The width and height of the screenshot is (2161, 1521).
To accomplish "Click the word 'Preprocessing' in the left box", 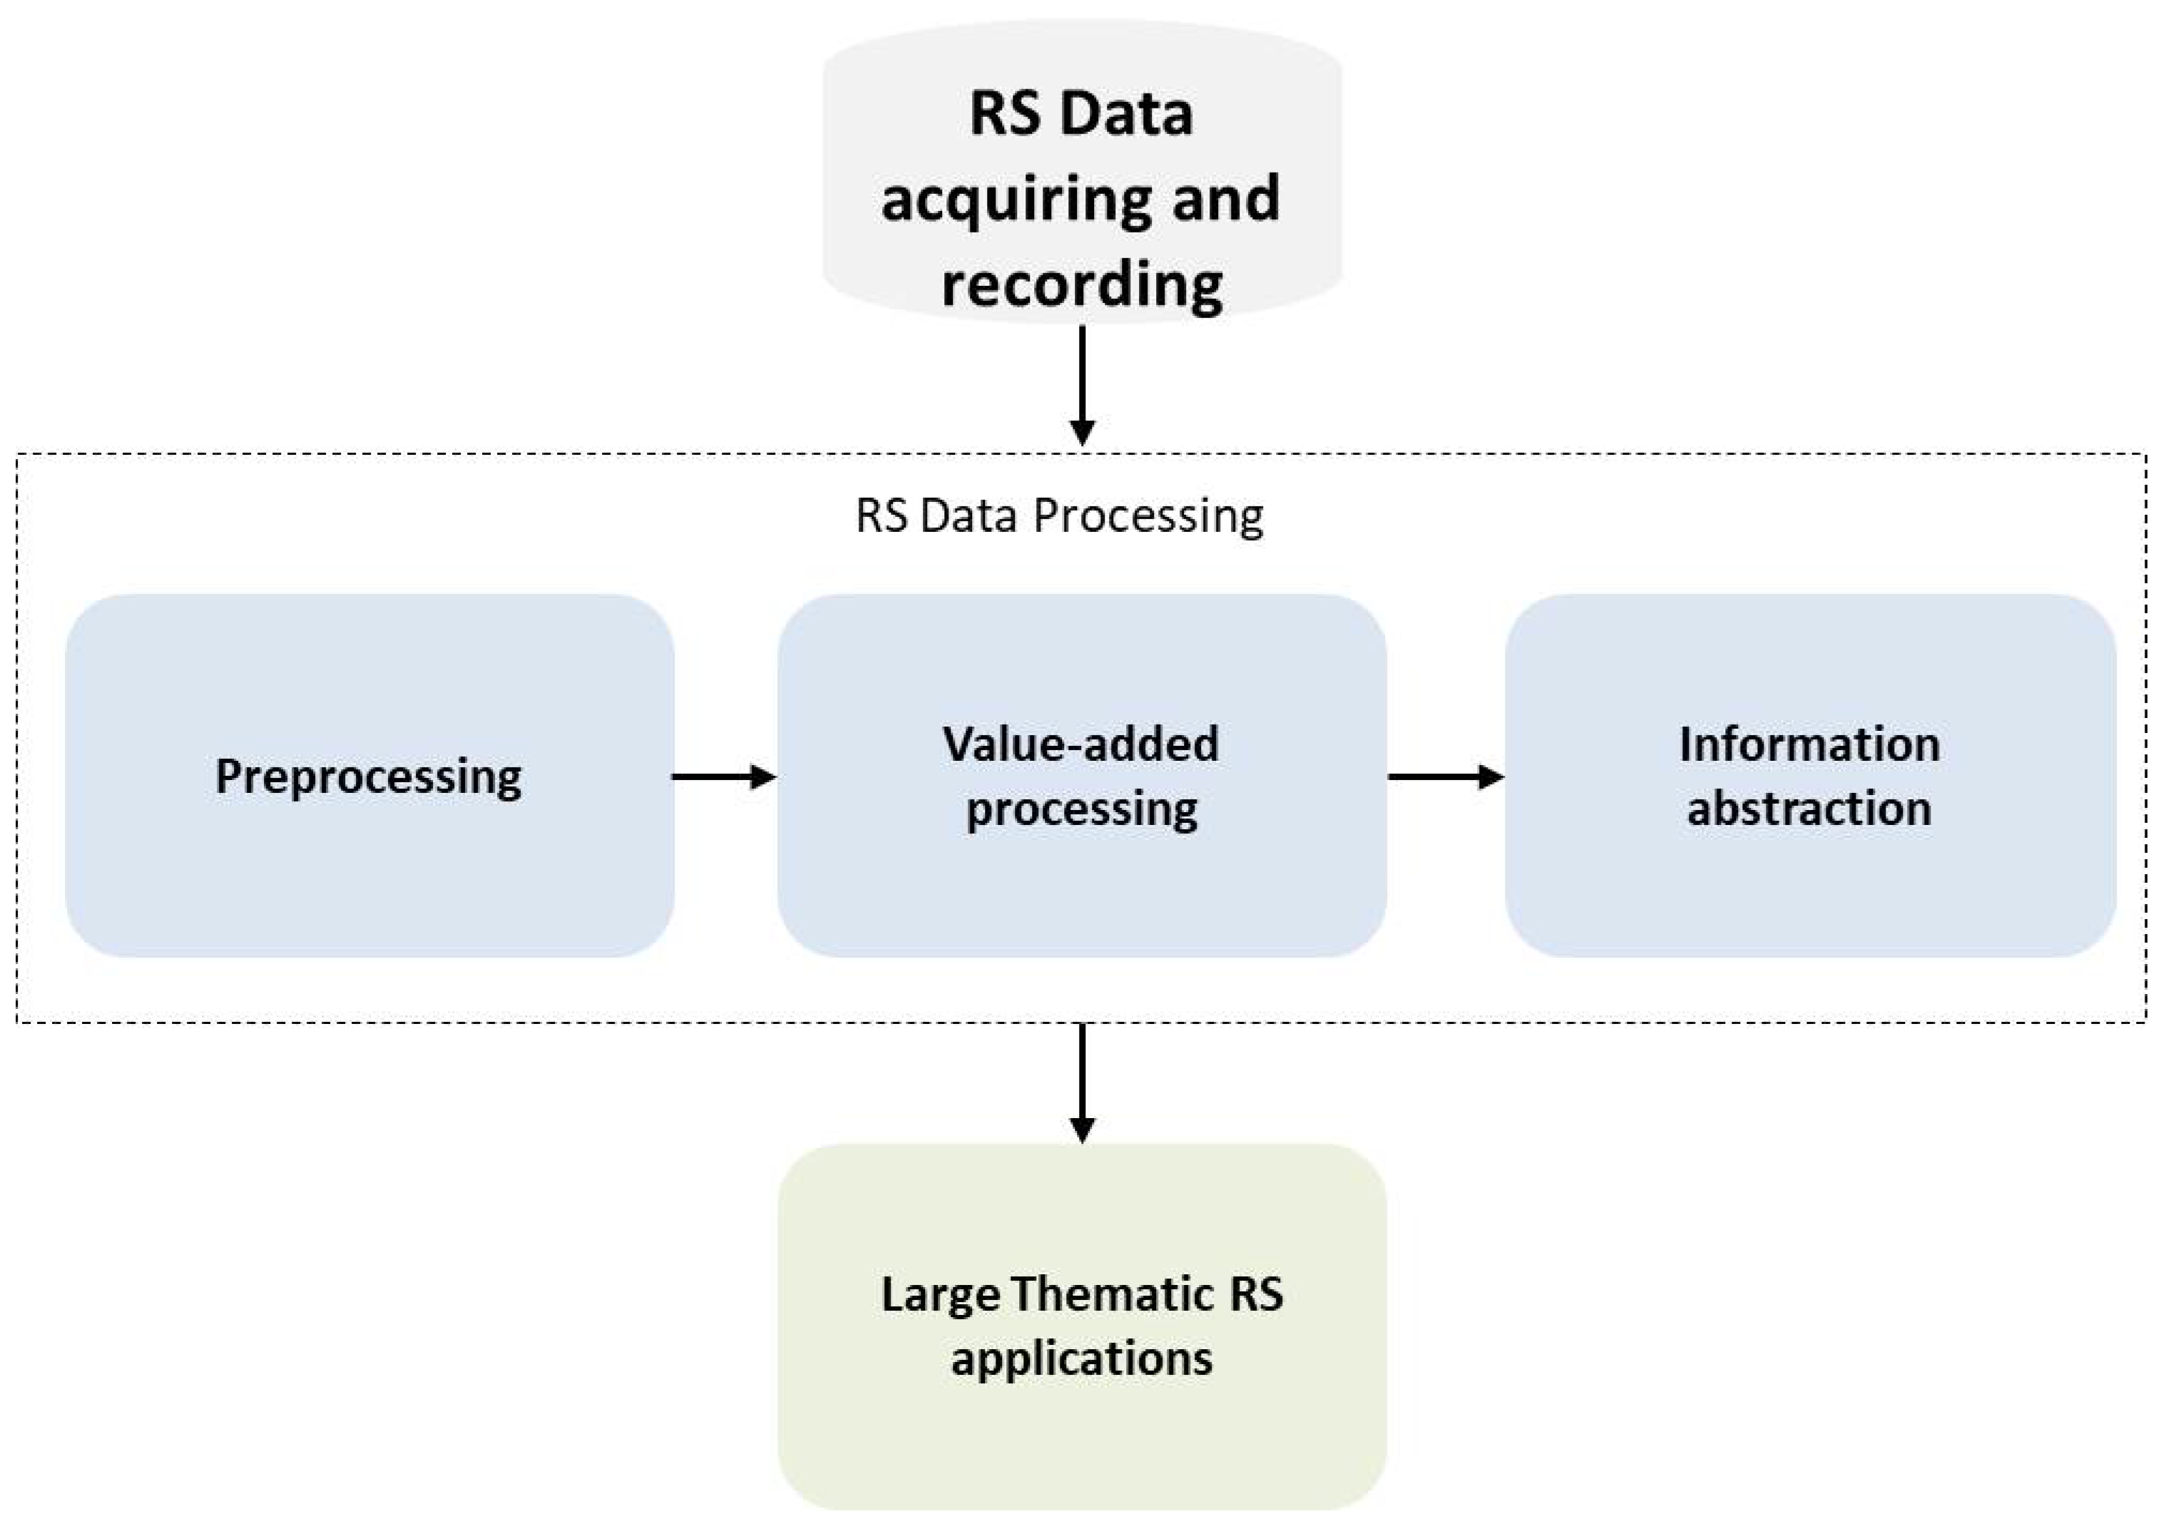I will tap(368, 777).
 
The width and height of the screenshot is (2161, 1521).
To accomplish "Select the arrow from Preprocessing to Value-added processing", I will tap(723, 777).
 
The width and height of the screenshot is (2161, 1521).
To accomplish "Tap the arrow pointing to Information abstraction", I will tap(1445, 777).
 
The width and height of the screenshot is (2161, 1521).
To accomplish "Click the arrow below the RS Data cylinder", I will tap(1083, 386).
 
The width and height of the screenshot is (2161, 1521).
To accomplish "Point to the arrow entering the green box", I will tap(1083, 1082).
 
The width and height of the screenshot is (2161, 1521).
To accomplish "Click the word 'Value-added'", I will tap(1080, 744).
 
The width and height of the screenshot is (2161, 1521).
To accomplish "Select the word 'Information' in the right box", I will tap(1809, 744).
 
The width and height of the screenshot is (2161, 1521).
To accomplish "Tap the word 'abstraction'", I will tap(1809, 807).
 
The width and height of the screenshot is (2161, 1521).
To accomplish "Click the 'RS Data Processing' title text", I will tap(1059, 516).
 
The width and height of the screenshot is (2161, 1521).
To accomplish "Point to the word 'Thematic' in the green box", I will tap(1113, 1294).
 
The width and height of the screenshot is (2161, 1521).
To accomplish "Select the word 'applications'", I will tap(1083, 1358).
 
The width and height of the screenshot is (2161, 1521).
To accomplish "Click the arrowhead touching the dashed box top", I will tap(1083, 434).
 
